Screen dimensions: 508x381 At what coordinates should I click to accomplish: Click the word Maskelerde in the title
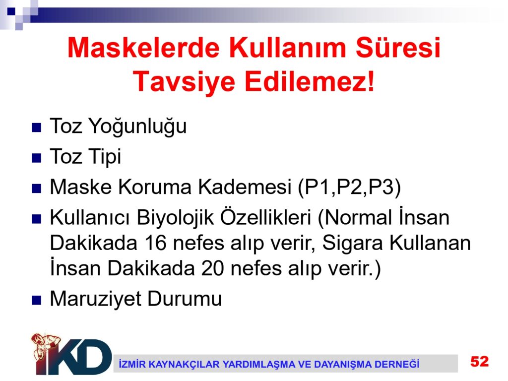click(x=143, y=48)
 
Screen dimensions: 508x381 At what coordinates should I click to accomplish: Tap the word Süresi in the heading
click(x=398, y=47)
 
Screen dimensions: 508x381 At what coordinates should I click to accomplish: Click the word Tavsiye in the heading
click(x=184, y=82)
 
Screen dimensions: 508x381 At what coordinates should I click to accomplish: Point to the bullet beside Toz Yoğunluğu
click(x=36, y=127)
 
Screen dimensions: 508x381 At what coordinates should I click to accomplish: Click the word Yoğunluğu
click(x=138, y=127)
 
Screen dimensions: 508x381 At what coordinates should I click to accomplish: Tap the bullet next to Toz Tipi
click(x=36, y=158)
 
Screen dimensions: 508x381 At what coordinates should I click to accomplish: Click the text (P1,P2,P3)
click(x=349, y=187)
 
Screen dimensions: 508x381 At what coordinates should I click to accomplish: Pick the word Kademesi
click(x=245, y=187)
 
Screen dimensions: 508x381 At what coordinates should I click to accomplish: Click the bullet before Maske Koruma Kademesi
click(x=36, y=189)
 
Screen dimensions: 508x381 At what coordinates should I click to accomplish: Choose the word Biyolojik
click(x=175, y=217)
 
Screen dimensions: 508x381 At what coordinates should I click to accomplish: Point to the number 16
click(x=155, y=243)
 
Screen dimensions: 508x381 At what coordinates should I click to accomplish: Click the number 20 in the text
click(x=212, y=268)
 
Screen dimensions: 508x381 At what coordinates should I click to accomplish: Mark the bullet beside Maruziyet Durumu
click(x=36, y=300)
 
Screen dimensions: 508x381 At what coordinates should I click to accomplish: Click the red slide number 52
click(x=480, y=361)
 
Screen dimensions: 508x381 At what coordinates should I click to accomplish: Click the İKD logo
click(x=71, y=354)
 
